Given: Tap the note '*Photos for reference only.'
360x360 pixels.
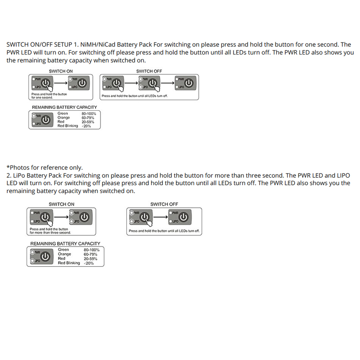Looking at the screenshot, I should [45, 167].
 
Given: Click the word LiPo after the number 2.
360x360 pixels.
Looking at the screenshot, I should [21, 175].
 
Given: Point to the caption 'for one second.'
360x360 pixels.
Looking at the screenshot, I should [42, 97].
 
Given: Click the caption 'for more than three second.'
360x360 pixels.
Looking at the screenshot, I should [50, 233].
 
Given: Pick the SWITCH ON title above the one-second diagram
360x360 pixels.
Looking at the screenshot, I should [61, 71].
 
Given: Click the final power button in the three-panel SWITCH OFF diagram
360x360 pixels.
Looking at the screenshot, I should [189, 84].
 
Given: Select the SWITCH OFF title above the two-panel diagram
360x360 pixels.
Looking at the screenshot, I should [164, 204].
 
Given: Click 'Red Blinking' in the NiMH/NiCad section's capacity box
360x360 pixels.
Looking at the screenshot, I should [68, 126].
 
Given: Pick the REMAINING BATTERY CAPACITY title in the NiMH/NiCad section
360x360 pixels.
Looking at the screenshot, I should [64, 108].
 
